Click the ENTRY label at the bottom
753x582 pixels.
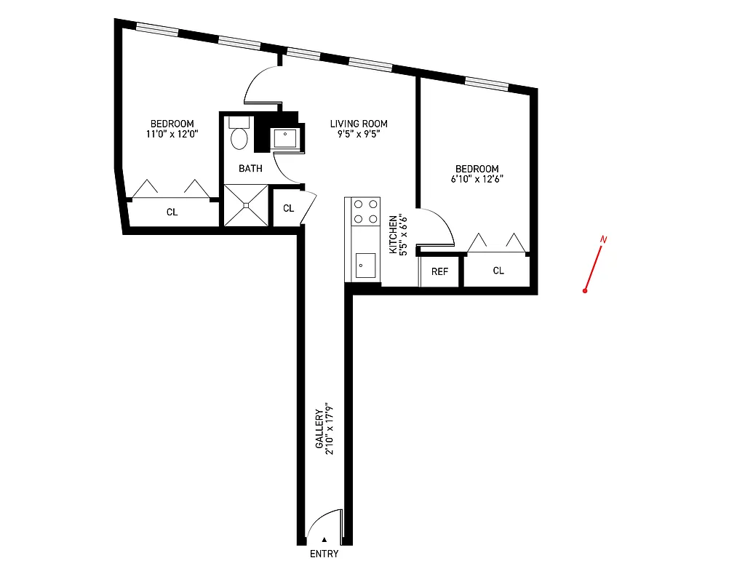click(x=324, y=554)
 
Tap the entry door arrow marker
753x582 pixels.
click(x=324, y=540)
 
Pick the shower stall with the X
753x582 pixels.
click(x=246, y=205)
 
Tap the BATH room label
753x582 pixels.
click(x=251, y=169)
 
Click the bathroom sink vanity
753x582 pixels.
click(x=284, y=138)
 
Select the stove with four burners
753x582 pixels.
click(x=366, y=211)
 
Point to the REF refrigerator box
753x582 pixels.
click(x=439, y=271)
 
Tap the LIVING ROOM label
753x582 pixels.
click(x=359, y=124)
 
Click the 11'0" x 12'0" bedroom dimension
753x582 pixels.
click(x=172, y=134)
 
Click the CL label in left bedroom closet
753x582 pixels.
click(x=172, y=212)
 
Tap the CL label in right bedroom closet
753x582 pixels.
click(x=498, y=271)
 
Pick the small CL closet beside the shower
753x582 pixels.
click(x=288, y=208)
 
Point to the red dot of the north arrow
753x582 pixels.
click(x=585, y=291)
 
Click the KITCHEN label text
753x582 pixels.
click(x=393, y=234)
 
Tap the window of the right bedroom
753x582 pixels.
click(x=486, y=82)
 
